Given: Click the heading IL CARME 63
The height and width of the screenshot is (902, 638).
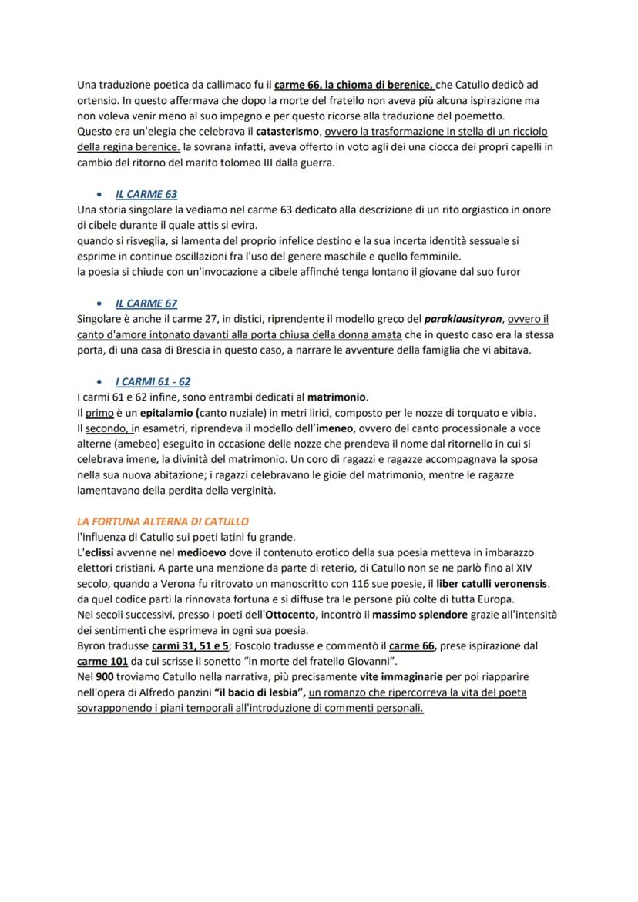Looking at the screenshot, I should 146,195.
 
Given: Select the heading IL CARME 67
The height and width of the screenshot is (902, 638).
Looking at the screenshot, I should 146,303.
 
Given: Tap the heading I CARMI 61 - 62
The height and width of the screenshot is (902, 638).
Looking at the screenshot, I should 153,382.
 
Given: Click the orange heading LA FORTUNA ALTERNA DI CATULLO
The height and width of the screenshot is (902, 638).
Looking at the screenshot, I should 163,521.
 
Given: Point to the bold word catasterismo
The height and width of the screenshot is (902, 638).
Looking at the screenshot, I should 288,132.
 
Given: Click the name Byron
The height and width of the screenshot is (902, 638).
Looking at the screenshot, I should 91,645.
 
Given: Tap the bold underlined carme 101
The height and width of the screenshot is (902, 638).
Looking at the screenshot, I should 102,661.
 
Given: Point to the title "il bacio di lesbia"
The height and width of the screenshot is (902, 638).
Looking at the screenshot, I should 260,692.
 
